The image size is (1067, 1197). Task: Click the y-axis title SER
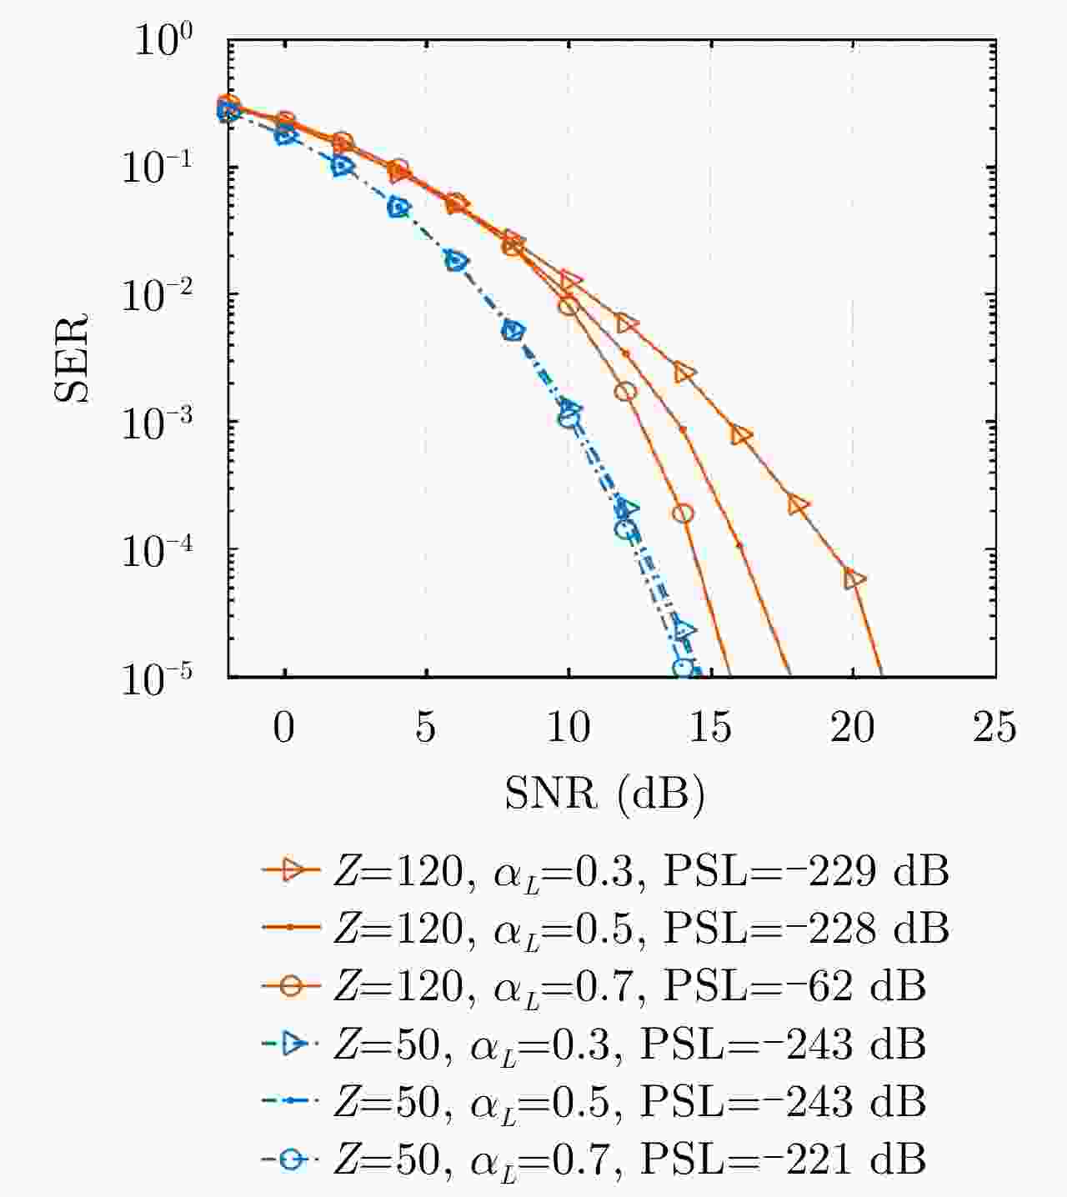point(72,358)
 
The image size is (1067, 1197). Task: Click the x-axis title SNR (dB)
point(604,794)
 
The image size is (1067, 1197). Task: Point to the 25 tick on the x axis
point(994,728)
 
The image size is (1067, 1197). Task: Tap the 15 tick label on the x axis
point(710,728)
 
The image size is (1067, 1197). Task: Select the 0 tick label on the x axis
point(284,728)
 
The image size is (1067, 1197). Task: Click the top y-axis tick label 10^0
point(163,42)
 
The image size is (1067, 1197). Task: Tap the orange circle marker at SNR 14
point(684,513)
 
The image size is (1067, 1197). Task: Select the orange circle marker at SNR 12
point(626,391)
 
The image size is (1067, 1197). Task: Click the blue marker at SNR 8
point(513,332)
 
